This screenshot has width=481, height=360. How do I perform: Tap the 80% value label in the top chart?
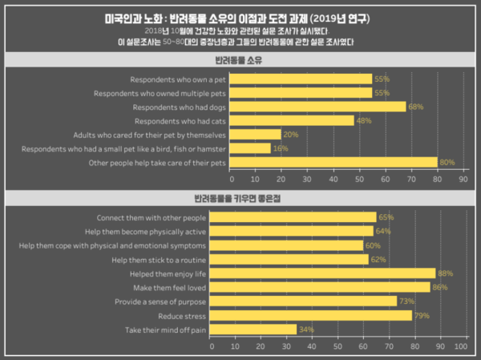tap(447, 163)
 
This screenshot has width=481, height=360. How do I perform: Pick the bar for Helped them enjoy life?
tap(323, 273)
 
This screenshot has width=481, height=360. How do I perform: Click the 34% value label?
tap(305, 330)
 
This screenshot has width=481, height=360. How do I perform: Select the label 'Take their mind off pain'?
tap(164, 330)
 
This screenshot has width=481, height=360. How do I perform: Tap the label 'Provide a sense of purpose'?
tap(160, 301)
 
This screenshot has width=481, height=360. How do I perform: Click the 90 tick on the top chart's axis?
tap(463, 180)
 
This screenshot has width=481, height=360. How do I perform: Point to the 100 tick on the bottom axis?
tap(461, 347)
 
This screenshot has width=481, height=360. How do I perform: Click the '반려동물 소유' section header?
tap(240, 61)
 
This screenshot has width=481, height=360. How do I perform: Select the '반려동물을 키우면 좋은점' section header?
tap(240, 197)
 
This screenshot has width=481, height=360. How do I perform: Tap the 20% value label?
tap(290, 135)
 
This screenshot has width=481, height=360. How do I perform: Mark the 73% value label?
tap(406, 301)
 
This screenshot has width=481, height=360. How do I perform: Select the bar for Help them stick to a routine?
tap(289, 259)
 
